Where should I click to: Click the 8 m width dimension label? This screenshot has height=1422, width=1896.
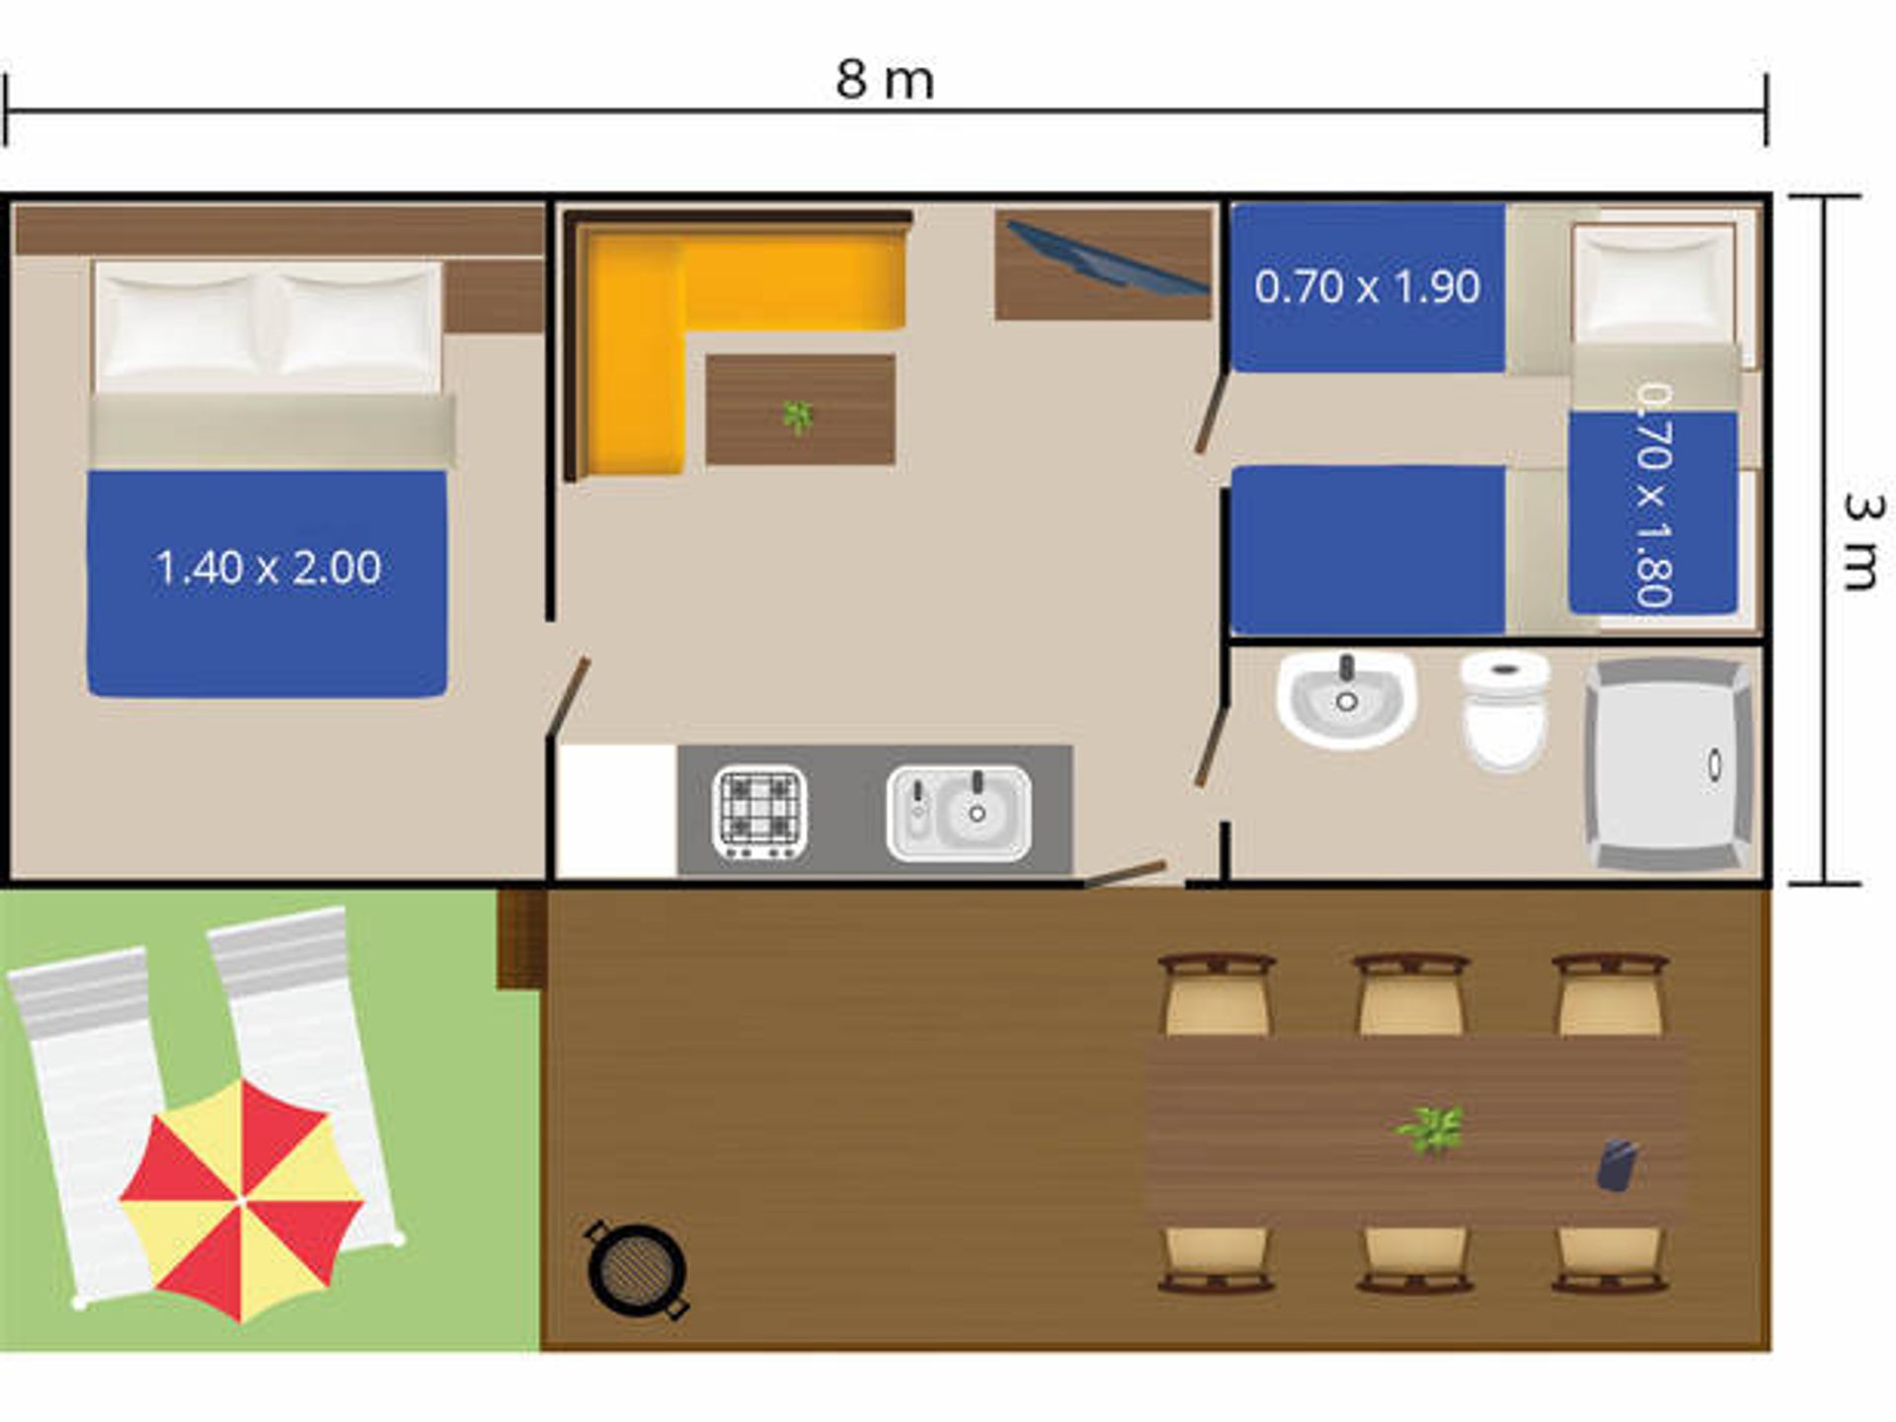pos(885,80)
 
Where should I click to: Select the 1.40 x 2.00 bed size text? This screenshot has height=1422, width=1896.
pos(268,568)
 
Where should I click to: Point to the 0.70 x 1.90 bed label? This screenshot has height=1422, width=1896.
pos(1367,287)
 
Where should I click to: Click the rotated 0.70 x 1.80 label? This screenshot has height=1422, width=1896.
pos(1652,496)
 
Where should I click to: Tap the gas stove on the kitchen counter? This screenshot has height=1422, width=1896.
pos(759,813)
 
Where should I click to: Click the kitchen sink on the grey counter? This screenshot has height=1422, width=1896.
pos(959,814)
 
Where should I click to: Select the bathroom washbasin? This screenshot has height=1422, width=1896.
pos(1346,697)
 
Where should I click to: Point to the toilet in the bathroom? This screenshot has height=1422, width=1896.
pos(1505,709)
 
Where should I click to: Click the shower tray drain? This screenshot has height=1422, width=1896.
pos(1715,764)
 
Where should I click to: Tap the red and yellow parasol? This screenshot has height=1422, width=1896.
pos(241,1199)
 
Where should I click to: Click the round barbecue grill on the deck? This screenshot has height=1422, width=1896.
pos(637,1270)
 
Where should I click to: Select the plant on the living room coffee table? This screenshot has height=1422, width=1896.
pos(797,416)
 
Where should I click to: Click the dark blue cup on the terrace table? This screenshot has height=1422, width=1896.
pos(1617,1164)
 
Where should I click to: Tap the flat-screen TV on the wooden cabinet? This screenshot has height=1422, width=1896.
pos(1106,257)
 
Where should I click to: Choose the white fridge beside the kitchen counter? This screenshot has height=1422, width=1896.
pos(617,811)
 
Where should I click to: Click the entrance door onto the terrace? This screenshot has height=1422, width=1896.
pos(1126,874)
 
